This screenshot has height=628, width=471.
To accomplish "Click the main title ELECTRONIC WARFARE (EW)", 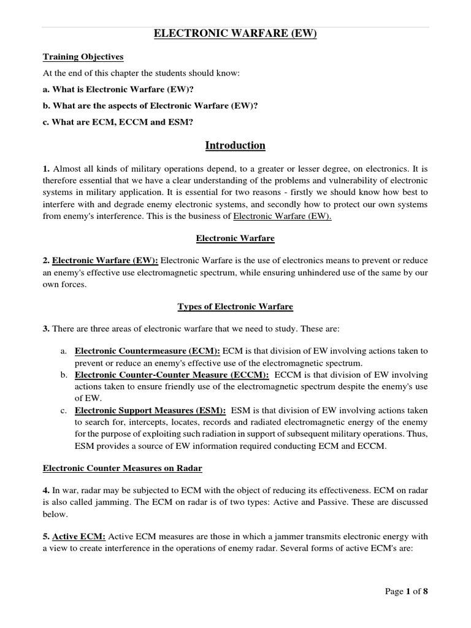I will (235, 35).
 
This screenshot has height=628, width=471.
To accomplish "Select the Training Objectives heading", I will (83, 57).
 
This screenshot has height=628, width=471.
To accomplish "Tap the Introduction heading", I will (235, 145).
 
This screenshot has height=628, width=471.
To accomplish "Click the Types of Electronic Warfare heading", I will (235, 307).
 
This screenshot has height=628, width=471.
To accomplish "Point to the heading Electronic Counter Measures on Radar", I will (122, 469).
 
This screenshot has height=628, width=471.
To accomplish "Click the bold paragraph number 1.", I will (46, 169).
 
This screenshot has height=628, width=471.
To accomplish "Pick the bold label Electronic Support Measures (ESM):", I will (150, 410).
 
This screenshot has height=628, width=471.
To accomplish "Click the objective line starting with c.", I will (117, 122).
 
